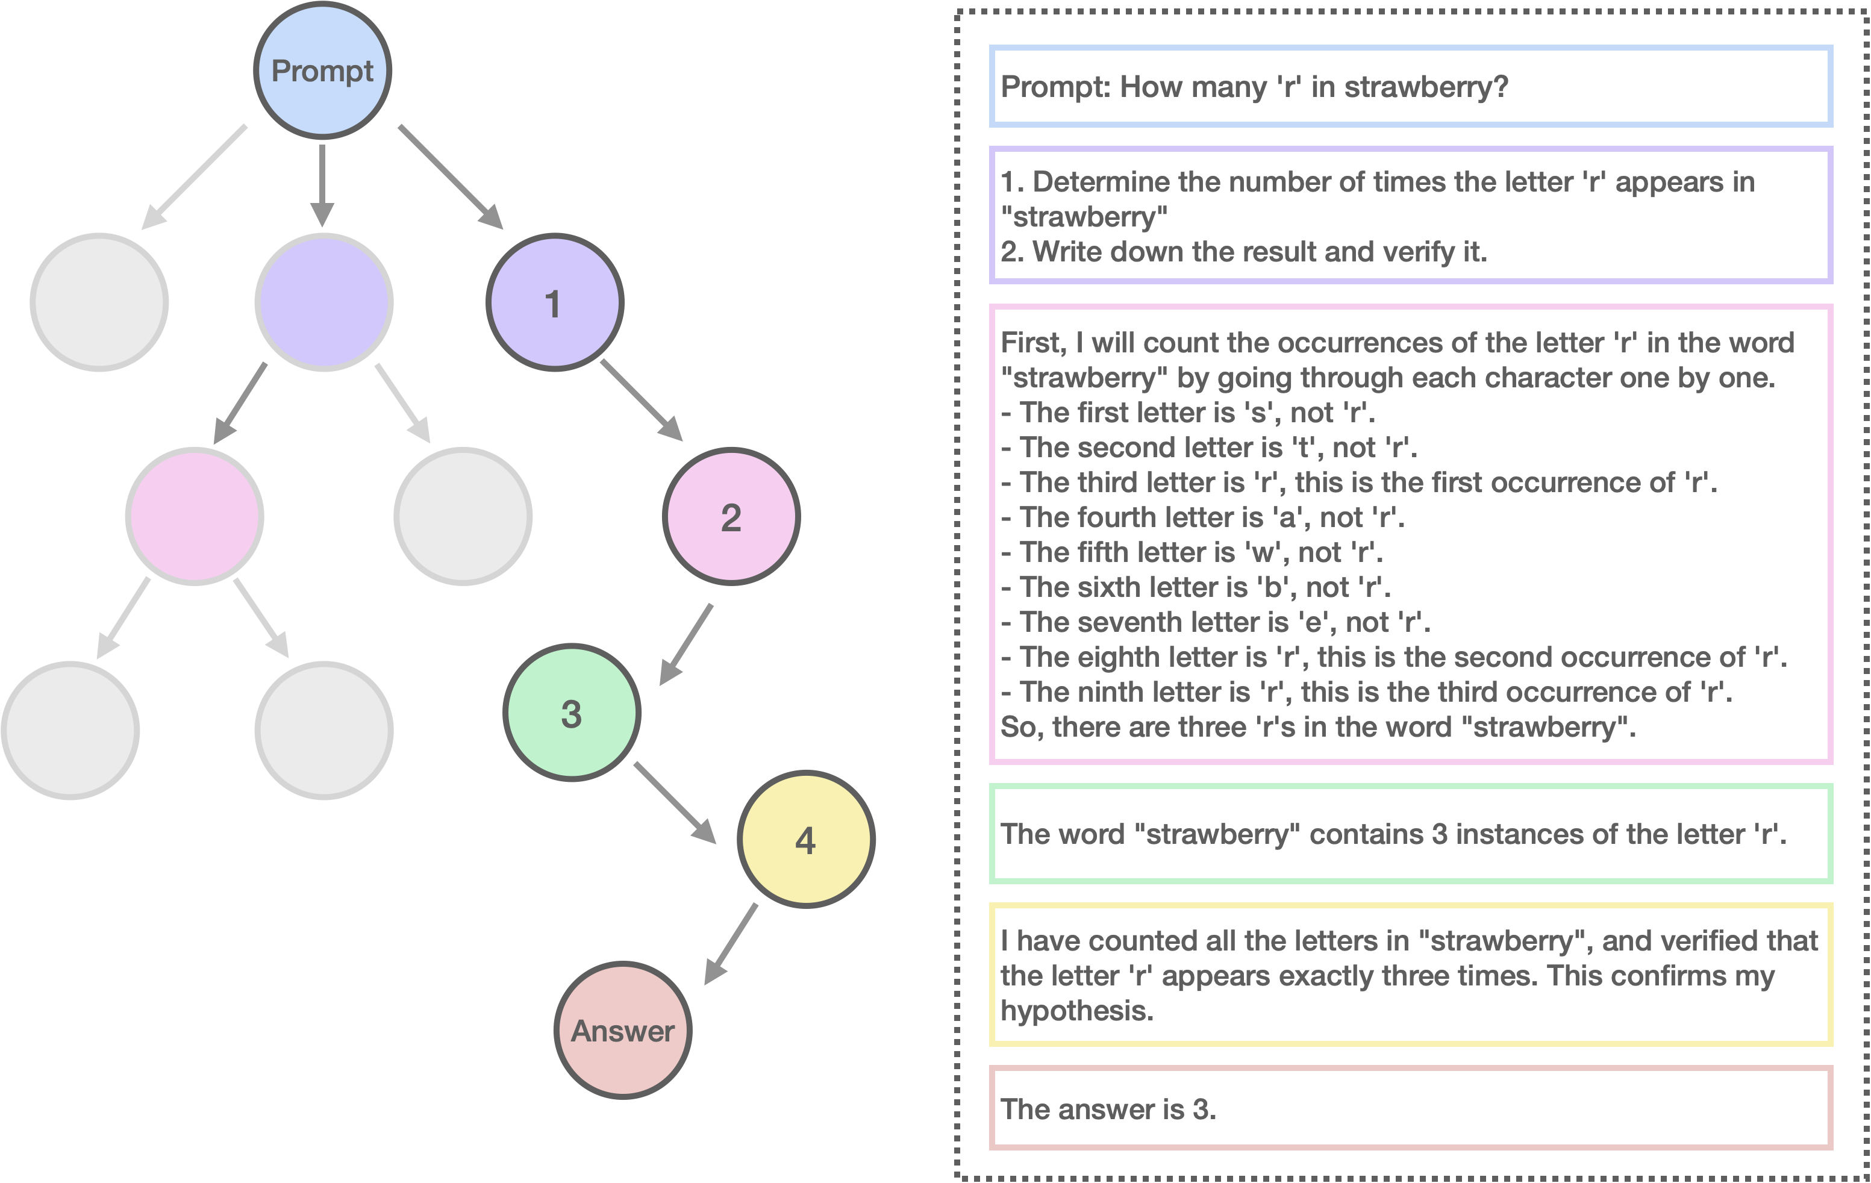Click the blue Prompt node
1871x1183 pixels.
coord(322,70)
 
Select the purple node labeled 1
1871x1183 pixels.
coord(554,302)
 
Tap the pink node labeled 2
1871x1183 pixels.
coord(730,517)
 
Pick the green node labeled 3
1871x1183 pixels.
coord(572,713)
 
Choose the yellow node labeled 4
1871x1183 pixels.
coord(806,840)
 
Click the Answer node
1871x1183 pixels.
coord(622,1030)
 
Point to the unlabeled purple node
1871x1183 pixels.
coord(324,302)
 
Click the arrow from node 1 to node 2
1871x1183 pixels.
coord(640,399)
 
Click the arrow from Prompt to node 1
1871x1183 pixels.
coord(451,177)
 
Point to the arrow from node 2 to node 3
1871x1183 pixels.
coord(687,644)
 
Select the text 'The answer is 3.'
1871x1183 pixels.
coord(1108,1109)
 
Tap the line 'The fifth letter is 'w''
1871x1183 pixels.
coord(1193,552)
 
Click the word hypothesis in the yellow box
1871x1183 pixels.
coord(1076,1011)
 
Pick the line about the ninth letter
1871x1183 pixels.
coord(1367,692)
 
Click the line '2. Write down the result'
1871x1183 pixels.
coord(1243,252)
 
